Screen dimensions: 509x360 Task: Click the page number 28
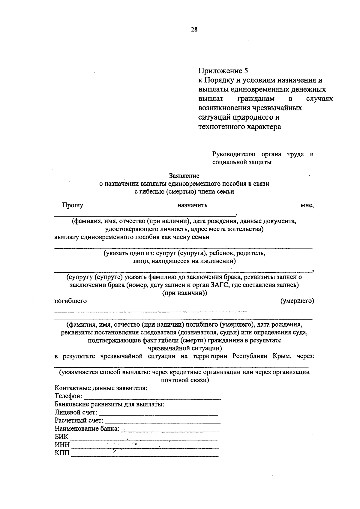pyautogui.click(x=194, y=29)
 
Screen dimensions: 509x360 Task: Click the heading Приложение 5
pyautogui.click(x=223, y=71)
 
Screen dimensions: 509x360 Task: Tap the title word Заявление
pyautogui.click(x=184, y=175)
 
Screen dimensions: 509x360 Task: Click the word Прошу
pyautogui.click(x=73, y=205)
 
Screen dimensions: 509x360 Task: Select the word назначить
pyautogui.click(x=192, y=205)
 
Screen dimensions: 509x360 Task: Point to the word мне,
pyautogui.click(x=307, y=205)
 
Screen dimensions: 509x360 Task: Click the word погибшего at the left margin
pyautogui.click(x=70, y=301)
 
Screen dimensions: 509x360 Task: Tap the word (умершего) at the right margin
pyautogui.click(x=297, y=301)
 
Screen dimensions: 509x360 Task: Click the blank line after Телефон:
pyautogui.click(x=152, y=398)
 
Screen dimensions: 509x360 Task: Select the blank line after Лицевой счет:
pyautogui.click(x=158, y=414)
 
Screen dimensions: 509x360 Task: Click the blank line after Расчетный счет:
pyautogui.click(x=163, y=422)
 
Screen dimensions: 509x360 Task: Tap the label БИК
pyautogui.click(x=61, y=436)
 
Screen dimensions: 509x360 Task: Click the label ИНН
pyautogui.click(x=62, y=445)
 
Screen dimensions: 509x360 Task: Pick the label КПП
pyautogui.click(x=62, y=453)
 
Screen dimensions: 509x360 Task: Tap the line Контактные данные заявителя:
pyautogui.click(x=101, y=388)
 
